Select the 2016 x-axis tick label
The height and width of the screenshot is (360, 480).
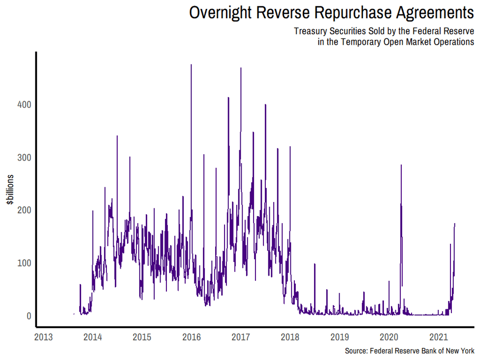(192, 337)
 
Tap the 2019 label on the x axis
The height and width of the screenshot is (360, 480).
(340, 337)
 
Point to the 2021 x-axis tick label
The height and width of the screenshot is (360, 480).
(438, 337)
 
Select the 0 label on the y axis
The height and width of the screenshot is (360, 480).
(28, 316)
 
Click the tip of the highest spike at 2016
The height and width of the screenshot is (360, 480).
(191, 65)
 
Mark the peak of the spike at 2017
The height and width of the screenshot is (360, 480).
(241, 68)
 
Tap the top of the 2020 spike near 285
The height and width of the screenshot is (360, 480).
(401, 165)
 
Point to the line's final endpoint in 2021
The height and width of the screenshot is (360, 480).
(455, 224)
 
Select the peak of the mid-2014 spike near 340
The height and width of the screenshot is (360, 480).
(117, 135)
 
